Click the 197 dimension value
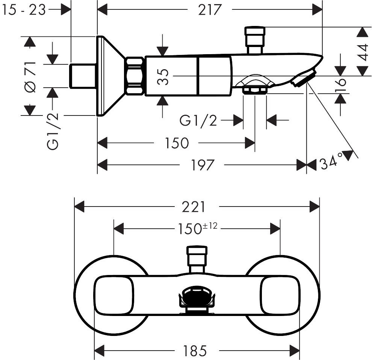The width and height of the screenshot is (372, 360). click(x=203, y=165)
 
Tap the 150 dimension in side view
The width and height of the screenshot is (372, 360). click(x=176, y=143)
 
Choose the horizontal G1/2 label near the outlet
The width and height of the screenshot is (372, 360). click(x=198, y=120)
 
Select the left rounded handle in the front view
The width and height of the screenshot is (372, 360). click(x=113, y=295)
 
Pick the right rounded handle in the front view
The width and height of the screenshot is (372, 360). click(x=281, y=295)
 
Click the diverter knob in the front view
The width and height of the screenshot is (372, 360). click(x=197, y=256)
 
